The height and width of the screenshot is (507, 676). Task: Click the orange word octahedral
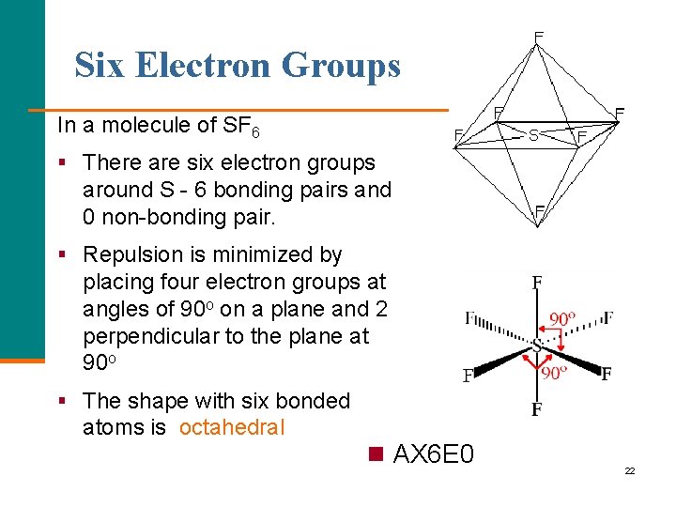pos(232,428)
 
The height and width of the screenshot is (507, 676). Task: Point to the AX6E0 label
pos(434,455)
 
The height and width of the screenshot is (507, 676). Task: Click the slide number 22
pos(630,470)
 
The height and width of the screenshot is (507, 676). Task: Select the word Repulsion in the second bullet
pos(129,254)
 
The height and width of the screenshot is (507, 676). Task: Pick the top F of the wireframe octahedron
pos(538,37)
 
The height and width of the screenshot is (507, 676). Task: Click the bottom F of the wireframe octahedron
pos(540,210)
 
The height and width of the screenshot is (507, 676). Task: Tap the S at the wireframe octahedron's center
pos(533,135)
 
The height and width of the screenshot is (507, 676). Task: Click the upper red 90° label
pos(562,319)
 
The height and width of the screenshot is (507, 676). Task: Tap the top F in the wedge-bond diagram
pos(537,282)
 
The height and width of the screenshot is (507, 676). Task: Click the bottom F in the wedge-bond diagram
pos(537,409)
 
